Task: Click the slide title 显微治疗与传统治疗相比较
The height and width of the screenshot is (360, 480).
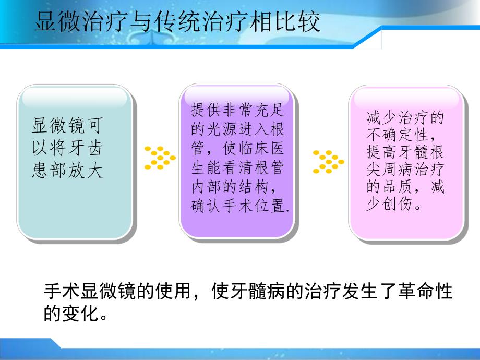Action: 177,22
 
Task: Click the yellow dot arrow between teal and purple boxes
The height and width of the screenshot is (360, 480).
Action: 160,158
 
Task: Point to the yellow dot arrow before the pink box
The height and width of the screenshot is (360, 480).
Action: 328,161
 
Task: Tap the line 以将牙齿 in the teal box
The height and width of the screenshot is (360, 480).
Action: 67,149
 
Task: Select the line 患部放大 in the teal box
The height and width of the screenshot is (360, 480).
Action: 67,172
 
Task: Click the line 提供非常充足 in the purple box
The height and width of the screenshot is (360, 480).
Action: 238,111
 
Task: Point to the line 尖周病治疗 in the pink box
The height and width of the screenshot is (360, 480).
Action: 405,169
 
